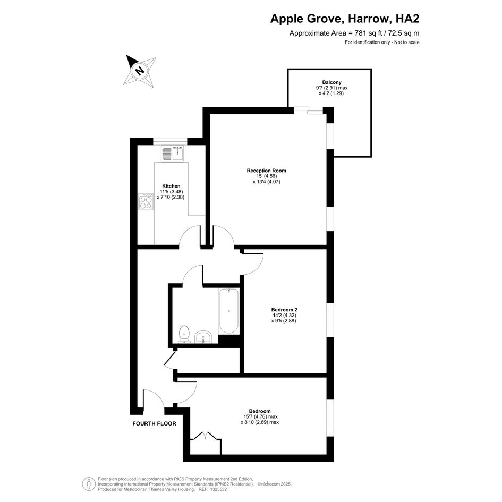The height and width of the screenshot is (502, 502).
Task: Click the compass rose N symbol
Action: (x=140, y=71)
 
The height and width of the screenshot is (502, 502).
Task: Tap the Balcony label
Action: (x=331, y=82)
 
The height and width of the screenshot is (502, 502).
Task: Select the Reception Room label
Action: (x=266, y=171)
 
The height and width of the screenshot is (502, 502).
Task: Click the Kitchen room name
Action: (x=171, y=186)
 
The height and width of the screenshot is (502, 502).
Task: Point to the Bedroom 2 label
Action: (x=284, y=310)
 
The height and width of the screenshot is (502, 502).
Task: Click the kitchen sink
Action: (x=172, y=154)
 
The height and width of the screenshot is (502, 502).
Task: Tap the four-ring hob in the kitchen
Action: (x=146, y=201)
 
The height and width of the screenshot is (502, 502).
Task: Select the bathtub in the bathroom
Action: (x=228, y=311)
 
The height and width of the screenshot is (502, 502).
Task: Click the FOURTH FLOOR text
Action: (x=154, y=423)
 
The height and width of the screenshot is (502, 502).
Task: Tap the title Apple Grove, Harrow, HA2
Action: (x=345, y=19)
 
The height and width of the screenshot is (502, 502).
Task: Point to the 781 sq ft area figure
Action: (x=369, y=33)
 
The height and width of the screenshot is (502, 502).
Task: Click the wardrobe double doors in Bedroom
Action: (x=205, y=436)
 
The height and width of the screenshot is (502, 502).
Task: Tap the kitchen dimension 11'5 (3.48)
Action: (x=171, y=192)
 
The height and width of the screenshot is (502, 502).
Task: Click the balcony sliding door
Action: (x=309, y=110)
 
